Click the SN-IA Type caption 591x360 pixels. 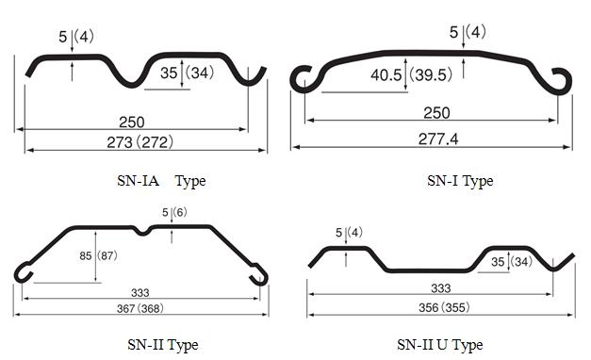click(161, 181)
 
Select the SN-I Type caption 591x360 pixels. click(460, 181)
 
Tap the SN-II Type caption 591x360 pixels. click(163, 345)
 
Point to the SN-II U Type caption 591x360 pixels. click(440, 345)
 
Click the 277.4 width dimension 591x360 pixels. click(438, 139)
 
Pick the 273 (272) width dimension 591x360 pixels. click(140, 142)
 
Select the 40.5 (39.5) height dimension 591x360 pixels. click(411, 74)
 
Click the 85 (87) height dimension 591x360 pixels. click(98, 256)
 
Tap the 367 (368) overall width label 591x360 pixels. click(140, 309)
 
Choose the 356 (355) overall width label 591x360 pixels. click(444, 307)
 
